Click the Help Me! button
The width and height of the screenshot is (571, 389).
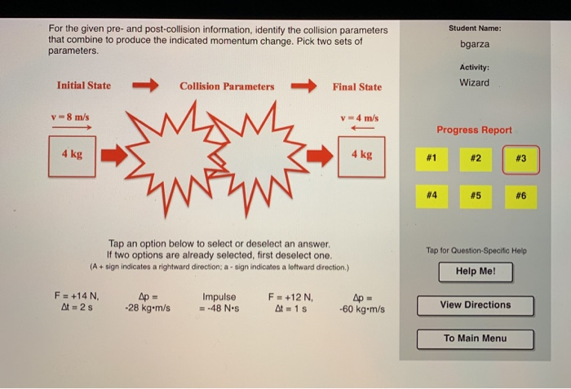pyautogui.click(x=476, y=272)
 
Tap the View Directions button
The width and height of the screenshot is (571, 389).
pyautogui.click(x=476, y=305)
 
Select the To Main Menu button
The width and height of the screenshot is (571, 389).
pyautogui.click(x=476, y=338)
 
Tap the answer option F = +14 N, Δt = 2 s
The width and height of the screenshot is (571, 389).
pyautogui.click(x=76, y=303)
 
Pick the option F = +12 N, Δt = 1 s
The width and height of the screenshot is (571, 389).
pyautogui.click(x=290, y=303)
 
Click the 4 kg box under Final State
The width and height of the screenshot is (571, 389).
pyautogui.click(x=361, y=154)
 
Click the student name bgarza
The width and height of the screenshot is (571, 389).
pyautogui.click(x=474, y=46)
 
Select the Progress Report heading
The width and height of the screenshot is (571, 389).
pyautogui.click(x=474, y=130)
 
